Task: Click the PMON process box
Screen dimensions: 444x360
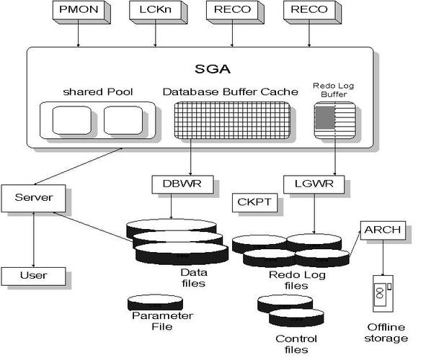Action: pyautogui.click(x=79, y=10)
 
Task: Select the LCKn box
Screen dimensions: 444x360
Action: pyautogui.click(x=155, y=10)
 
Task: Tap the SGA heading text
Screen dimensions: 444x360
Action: pyautogui.click(x=213, y=69)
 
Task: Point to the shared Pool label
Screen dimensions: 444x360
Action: pyautogui.click(x=98, y=92)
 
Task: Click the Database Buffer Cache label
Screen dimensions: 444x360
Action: pyautogui.click(x=230, y=91)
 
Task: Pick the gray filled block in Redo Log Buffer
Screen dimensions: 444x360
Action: pyautogui.click(x=325, y=117)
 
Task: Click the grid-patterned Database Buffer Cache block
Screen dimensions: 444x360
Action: pyautogui.click(x=232, y=120)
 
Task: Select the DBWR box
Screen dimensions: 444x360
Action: pyautogui.click(x=182, y=184)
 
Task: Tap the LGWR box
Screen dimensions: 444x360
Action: pyautogui.click(x=314, y=184)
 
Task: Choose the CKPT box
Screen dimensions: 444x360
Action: pyautogui.click(x=254, y=202)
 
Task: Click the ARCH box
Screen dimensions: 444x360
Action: pyautogui.click(x=383, y=230)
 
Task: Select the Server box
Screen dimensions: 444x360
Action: pyautogui.click(x=33, y=198)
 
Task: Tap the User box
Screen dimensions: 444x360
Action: pyautogui.click(x=33, y=276)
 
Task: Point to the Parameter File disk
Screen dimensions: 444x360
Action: pyautogui.click(x=155, y=302)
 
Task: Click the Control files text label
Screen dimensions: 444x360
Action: pyautogui.click(x=296, y=344)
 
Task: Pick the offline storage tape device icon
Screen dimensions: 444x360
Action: pyautogui.click(x=383, y=294)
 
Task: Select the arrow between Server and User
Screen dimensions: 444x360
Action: pyautogui.click(x=33, y=240)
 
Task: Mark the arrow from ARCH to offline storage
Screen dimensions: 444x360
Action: pyautogui.click(x=383, y=258)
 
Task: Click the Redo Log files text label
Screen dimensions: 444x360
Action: pyautogui.click(x=297, y=280)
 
